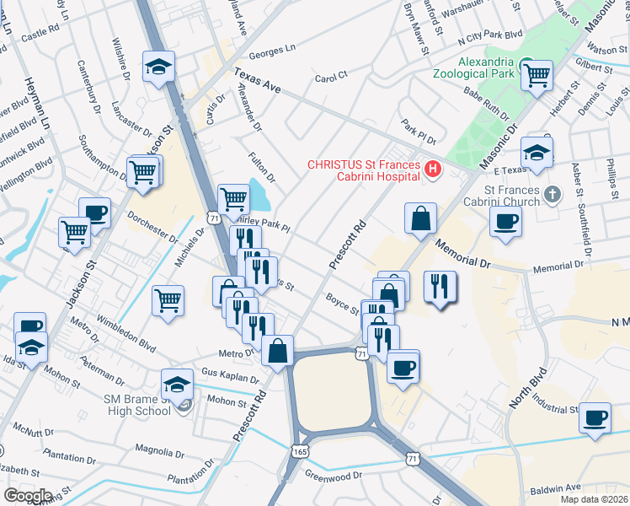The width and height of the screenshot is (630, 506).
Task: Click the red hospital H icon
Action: [x=433, y=170]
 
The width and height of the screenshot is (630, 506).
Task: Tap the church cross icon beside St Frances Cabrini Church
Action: [x=552, y=195]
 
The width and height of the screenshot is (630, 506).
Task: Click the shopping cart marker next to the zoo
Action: [x=536, y=76]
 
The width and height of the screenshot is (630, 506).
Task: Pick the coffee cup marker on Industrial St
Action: [x=595, y=418]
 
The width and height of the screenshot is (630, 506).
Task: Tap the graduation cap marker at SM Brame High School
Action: [x=179, y=385]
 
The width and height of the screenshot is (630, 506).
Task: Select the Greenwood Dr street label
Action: [x=333, y=475]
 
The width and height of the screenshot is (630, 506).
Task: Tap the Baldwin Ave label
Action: [x=556, y=487]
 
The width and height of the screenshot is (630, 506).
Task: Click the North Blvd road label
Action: [x=527, y=388]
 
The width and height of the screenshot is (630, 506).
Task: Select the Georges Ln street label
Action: [x=272, y=51]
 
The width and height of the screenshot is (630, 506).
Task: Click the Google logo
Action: [x=27, y=495]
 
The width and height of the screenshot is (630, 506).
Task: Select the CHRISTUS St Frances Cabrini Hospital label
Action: [x=364, y=170]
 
